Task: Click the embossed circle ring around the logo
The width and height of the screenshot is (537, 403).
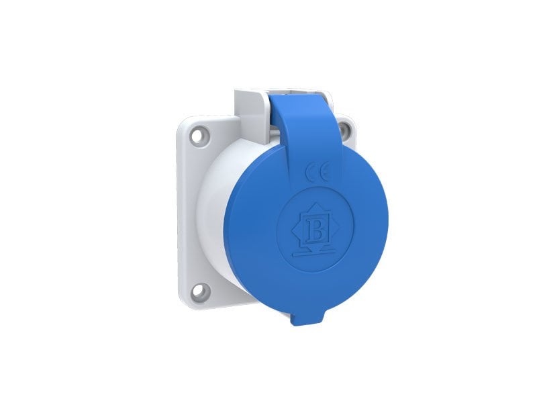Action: pyautogui.click(x=281, y=215)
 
